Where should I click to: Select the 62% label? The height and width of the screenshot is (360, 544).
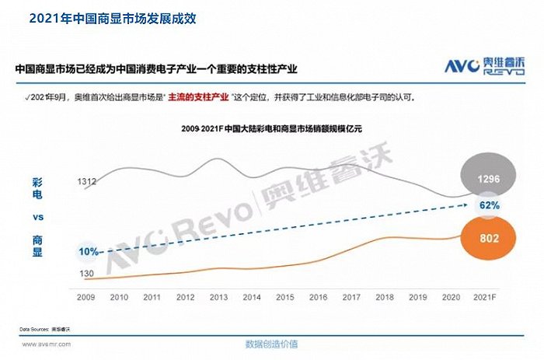coord(489,206)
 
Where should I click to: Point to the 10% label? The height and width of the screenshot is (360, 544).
coord(89,251)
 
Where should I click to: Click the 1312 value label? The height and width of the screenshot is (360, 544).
coord(87,181)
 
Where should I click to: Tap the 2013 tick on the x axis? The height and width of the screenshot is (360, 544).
coord(219,297)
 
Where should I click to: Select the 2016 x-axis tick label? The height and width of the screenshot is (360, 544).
coord(319,297)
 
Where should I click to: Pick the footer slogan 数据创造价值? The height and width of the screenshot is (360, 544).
coord(271,344)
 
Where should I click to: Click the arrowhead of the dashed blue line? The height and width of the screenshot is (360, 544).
coord(472,204)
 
